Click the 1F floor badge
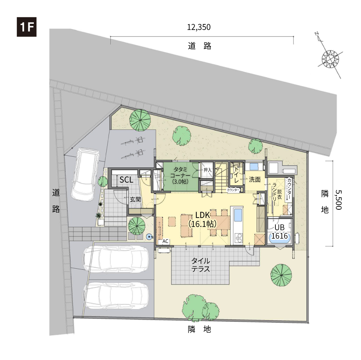[27, 27]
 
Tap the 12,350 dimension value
[199, 27]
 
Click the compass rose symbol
[330, 58]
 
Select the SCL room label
[126, 180]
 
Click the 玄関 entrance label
[135, 199]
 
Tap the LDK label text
[203, 215]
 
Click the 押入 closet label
[207, 170]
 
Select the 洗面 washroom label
[255, 179]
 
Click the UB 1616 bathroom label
[280, 231]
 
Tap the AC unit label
[165, 241]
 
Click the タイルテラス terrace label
[201, 265]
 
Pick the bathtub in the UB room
[280, 240]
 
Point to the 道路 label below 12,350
[199, 46]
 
